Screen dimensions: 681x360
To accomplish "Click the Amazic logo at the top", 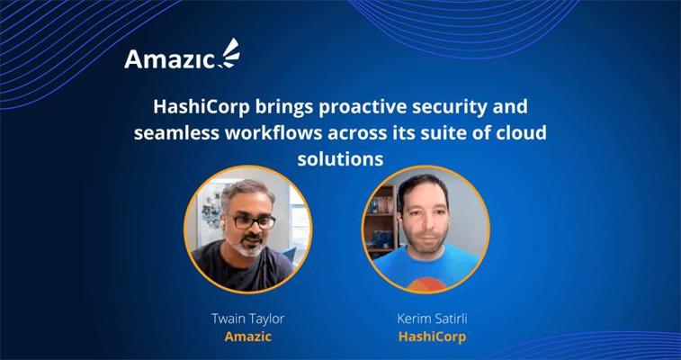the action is [182, 54].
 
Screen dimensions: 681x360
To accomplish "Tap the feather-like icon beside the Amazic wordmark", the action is [228, 53].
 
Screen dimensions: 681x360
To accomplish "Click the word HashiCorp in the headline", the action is [202, 108].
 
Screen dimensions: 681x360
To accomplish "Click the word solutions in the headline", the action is [340, 159].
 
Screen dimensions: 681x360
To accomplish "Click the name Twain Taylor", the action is [248, 319].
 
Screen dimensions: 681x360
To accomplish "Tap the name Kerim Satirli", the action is [432, 319].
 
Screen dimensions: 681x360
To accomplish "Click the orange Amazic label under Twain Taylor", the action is [248, 336].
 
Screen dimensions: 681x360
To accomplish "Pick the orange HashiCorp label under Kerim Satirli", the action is [432, 337].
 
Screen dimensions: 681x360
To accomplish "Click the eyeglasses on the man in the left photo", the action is [253, 222].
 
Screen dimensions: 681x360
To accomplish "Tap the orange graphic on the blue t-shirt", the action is [426, 284].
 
